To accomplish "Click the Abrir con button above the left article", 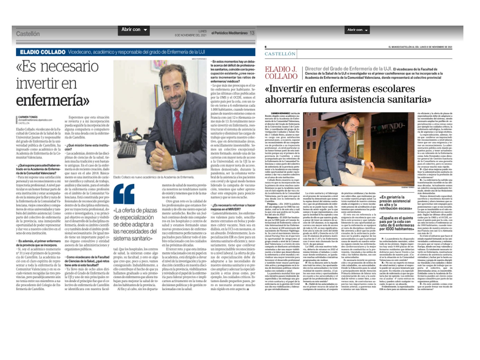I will [134, 30].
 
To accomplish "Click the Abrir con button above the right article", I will [357, 30].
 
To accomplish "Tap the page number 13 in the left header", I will [252, 33].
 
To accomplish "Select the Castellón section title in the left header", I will [28, 34].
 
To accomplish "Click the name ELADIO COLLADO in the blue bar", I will [43, 52].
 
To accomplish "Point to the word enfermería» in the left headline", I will [52, 100].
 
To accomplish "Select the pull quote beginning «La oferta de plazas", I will [135, 224].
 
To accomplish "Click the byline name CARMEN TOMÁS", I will [28, 117].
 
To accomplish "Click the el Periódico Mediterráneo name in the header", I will [229, 33].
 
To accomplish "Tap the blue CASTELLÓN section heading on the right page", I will [280, 54].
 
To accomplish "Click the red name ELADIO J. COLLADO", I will [281, 73].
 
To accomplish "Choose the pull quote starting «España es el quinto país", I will [397, 223].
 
